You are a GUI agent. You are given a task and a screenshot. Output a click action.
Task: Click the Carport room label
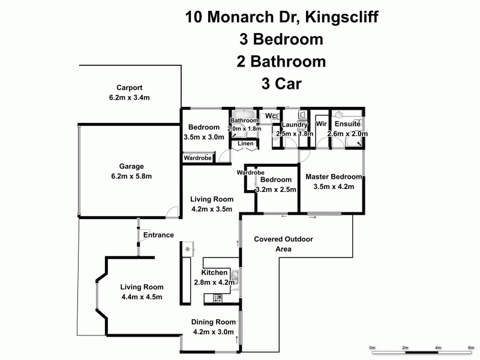click(x=129, y=87)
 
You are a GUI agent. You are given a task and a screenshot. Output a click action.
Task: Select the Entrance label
click(x=158, y=235)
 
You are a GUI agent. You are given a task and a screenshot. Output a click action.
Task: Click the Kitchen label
click(x=215, y=273)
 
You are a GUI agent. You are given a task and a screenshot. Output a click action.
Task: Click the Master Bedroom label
click(x=334, y=177)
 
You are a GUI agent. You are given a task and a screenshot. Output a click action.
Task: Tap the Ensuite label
click(x=347, y=124)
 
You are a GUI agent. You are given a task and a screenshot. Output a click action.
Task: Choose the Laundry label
click(x=295, y=125)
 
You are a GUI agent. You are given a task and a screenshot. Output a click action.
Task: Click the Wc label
click(x=270, y=116)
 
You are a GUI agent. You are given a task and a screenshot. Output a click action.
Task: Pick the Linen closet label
click(x=245, y=144)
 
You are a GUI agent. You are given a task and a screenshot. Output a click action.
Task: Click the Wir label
click(x=320, y=124)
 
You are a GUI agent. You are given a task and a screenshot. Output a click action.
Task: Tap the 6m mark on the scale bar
click(x=470, y=348)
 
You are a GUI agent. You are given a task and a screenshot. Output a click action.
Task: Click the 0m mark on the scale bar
click(x=371, y=348)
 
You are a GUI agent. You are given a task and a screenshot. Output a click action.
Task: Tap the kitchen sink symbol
click(x=236, y=277)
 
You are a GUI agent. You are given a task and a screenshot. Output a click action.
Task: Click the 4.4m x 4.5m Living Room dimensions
click(x=142, y=296)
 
